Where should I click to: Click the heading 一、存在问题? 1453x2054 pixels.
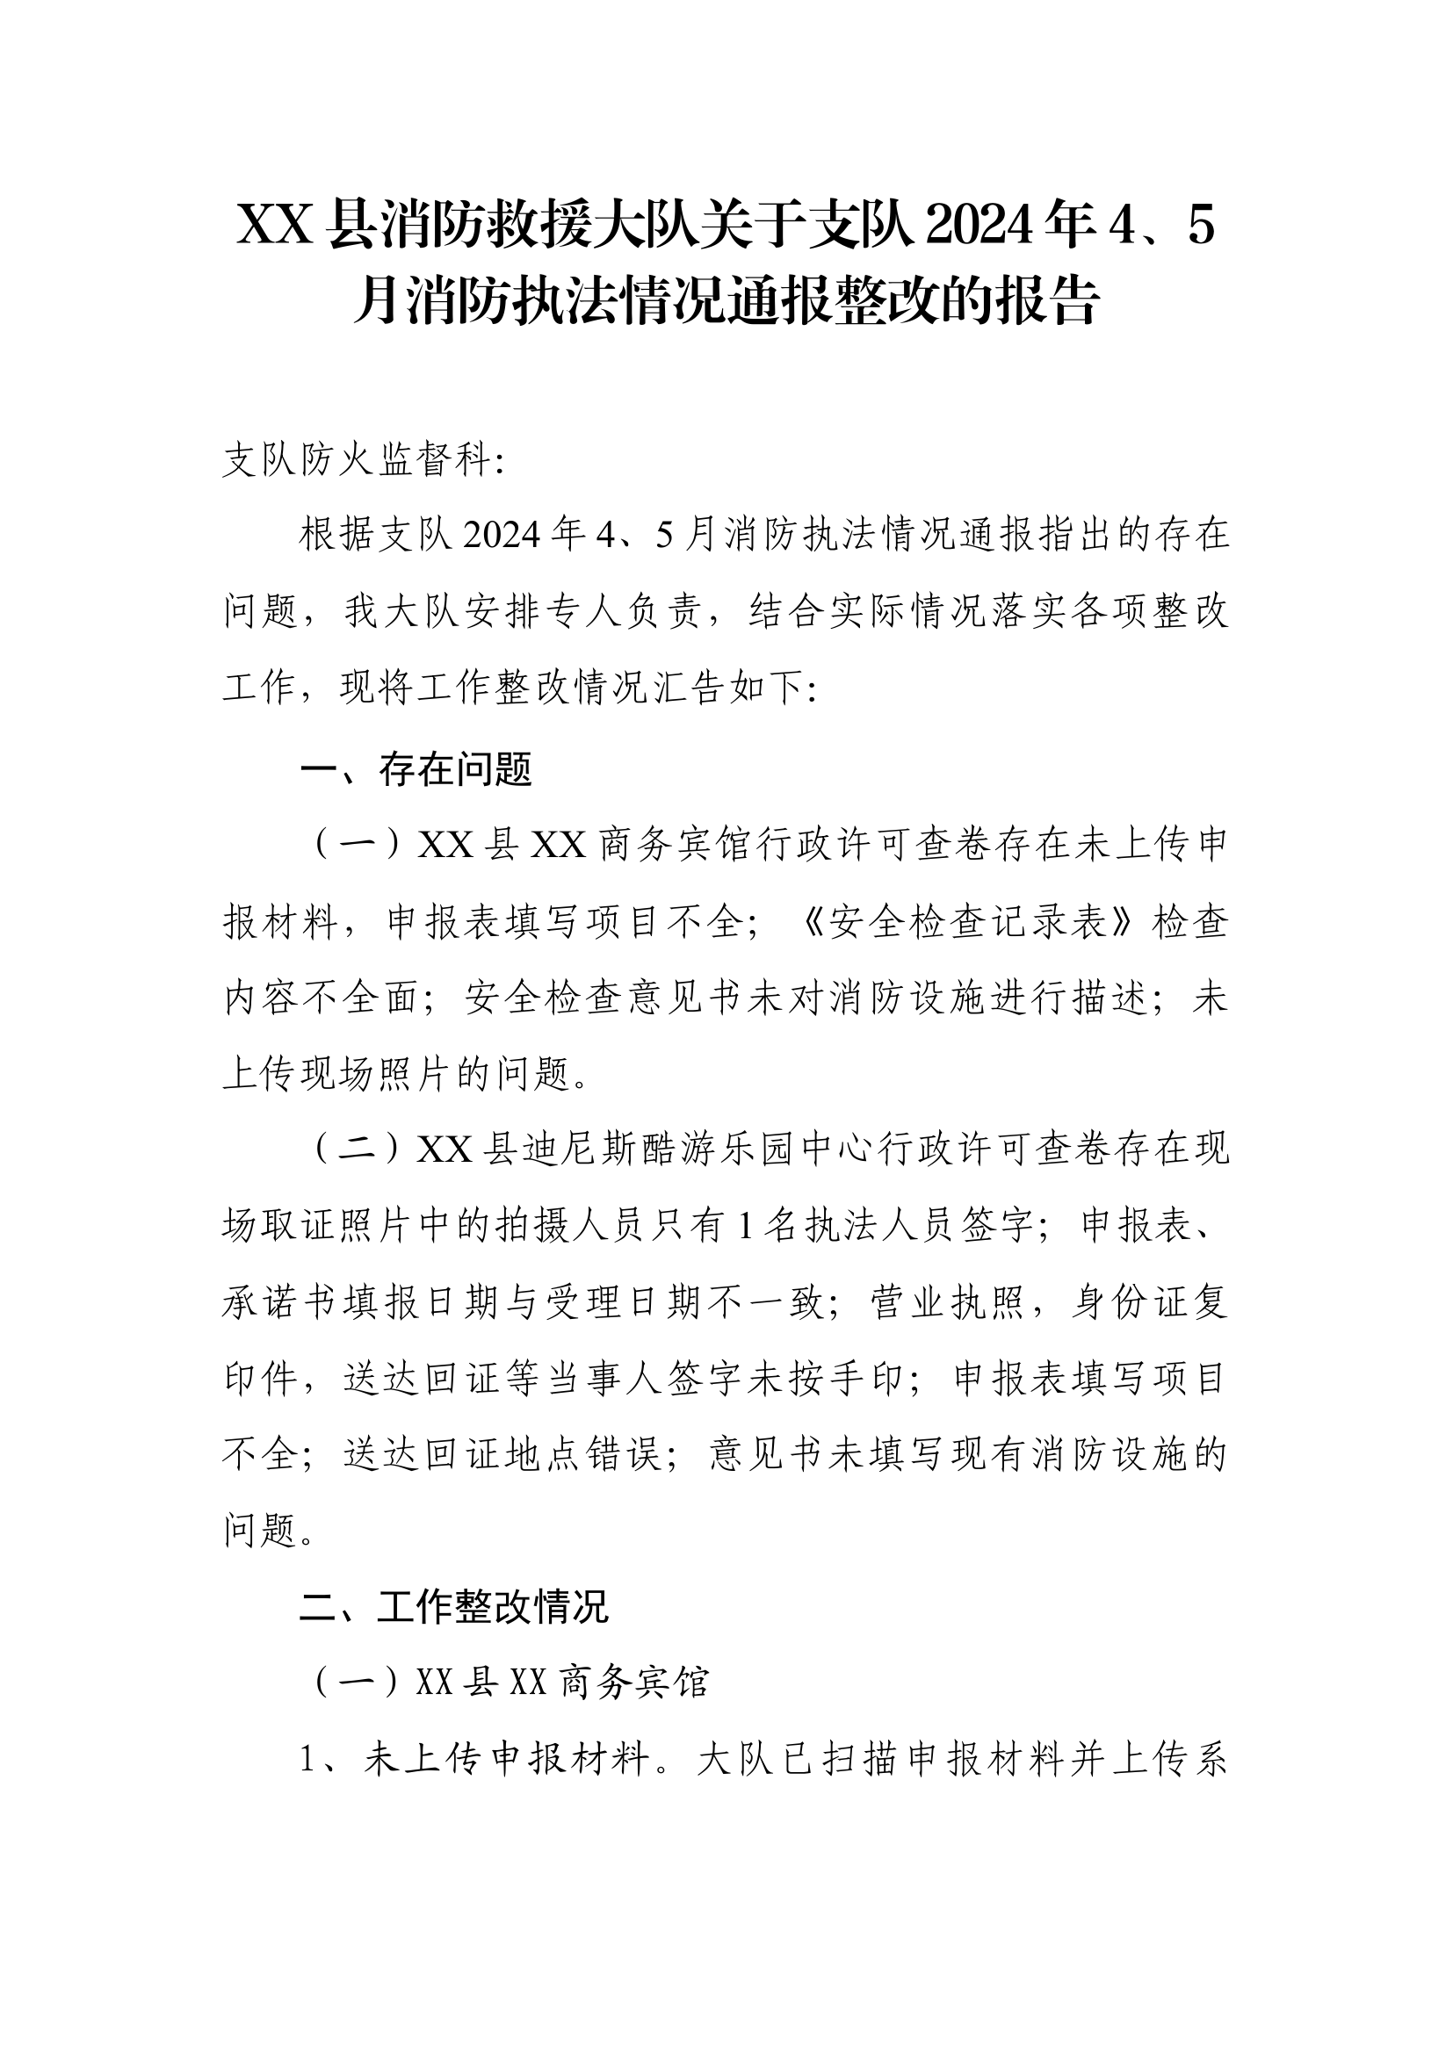pyautogui.click(x=416, y=769)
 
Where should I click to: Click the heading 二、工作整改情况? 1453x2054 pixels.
pyautogui.click(x=453, y=1608)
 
